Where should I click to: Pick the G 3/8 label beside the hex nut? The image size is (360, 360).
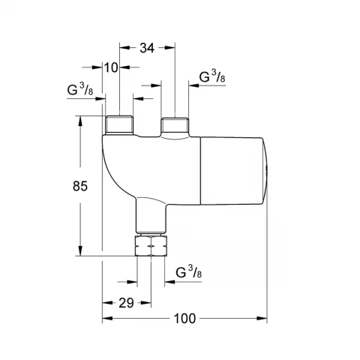point(187,273)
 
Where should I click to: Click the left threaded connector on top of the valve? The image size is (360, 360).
point(120,124)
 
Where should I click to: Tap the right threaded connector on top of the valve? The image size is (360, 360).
point(174,124)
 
